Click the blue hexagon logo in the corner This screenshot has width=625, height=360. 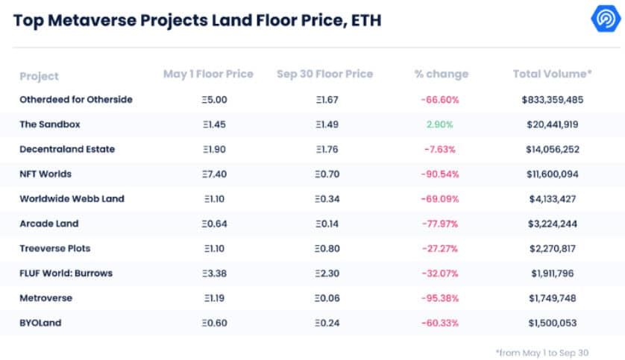[x=606, y=18]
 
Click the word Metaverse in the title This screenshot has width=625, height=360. [x=92, y=20]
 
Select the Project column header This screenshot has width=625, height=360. [x=39, y=76]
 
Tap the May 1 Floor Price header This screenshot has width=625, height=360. [x=208, y=74]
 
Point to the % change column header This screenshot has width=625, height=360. [x=442, y=74]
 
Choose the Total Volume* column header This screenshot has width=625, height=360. [x=552, y=74]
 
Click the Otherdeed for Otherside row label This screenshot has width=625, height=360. [x=76, y=100]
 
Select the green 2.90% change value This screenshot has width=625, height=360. [x=439, y=124]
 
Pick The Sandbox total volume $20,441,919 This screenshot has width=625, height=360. [x=553, y=124]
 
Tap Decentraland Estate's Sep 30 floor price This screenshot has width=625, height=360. [x=327, y=149]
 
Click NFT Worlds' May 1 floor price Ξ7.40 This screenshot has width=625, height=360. [x=215, y=174]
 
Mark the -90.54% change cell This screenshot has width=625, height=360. [x=440, y=174]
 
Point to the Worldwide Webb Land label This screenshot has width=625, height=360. [x=72, y=199]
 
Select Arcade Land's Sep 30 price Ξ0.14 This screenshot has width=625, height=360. [x=327, y=224]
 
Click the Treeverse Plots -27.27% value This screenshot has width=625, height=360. [x=440, y=248]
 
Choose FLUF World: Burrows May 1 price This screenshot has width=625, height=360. [x=215, y=274]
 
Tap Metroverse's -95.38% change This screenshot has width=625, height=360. [x=440, y=298]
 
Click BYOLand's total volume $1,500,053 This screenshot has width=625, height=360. [x=553, y=323]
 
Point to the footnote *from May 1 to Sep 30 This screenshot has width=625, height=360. [x=542, y=353]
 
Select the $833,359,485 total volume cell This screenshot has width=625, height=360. [x=553, y=100]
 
